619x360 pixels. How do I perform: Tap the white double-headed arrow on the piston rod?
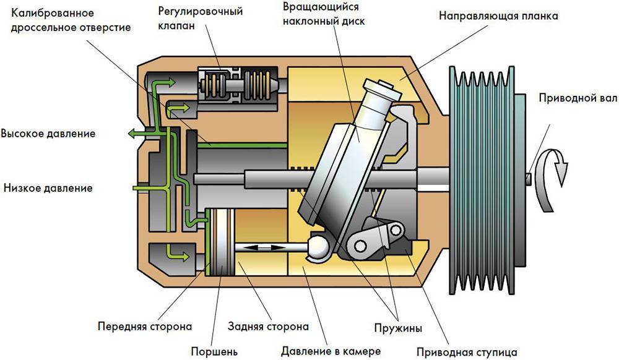[x=261, y=247]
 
